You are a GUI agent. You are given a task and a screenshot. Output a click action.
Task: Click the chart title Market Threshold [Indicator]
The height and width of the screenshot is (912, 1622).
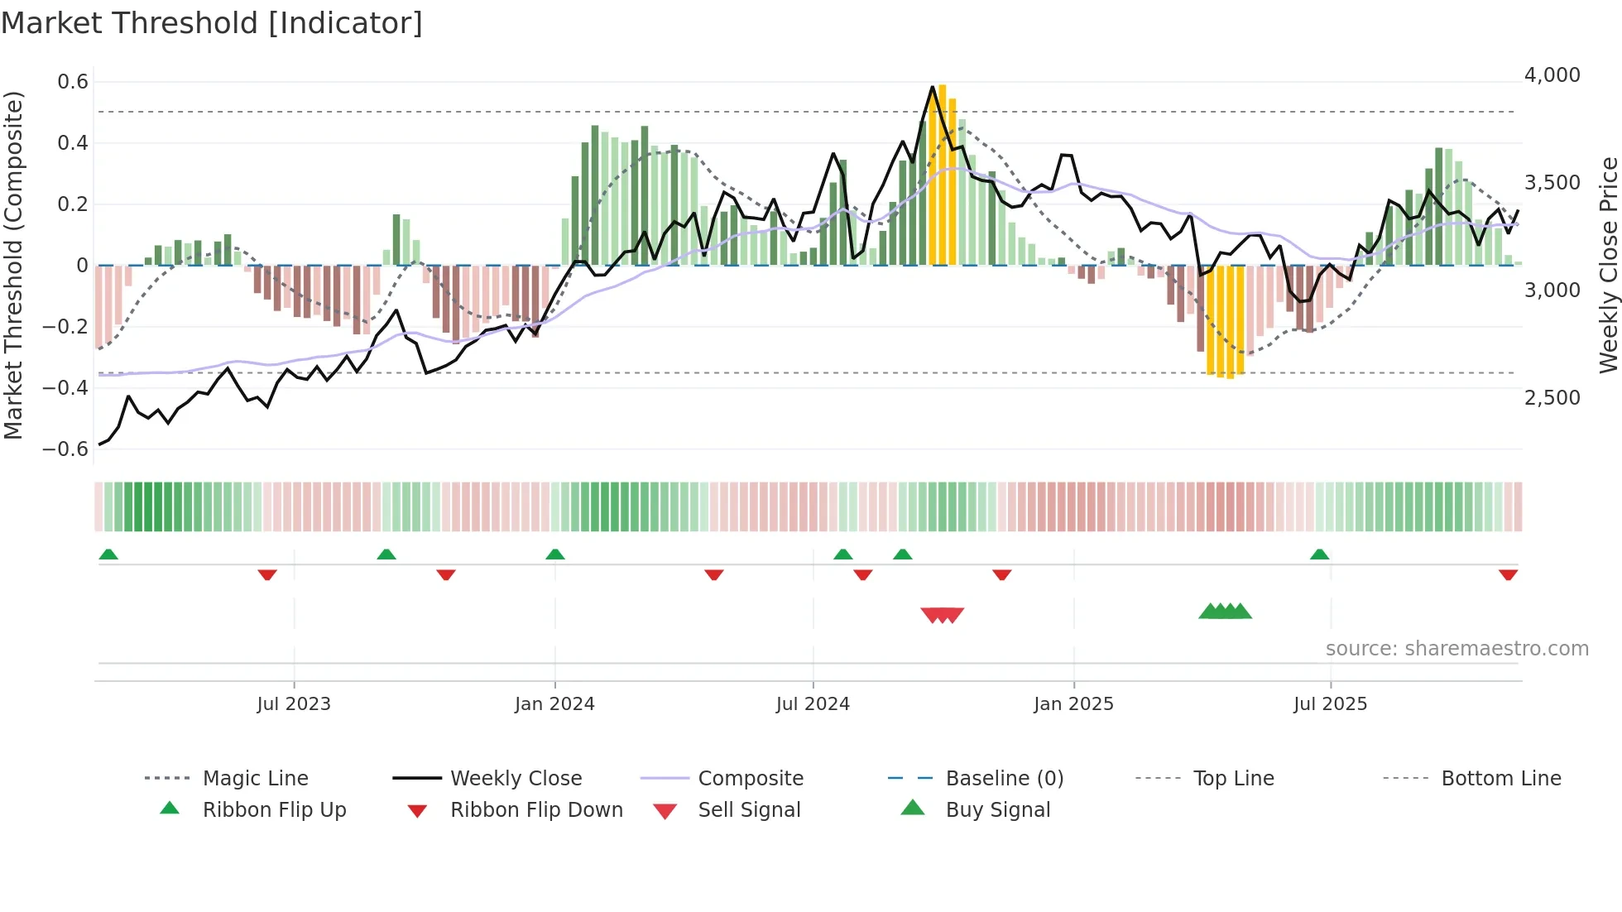coord(212,23)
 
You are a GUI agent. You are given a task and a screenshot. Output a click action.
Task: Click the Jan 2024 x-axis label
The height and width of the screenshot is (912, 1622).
coord(554,704)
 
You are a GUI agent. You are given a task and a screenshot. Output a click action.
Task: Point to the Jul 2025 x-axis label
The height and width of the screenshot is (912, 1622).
coord(1330,704)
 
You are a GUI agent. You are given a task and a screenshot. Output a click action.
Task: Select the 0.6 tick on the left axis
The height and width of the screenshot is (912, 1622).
coord(73,82)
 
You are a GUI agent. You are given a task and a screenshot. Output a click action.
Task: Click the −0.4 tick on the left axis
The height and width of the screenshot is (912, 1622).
coord(65,388)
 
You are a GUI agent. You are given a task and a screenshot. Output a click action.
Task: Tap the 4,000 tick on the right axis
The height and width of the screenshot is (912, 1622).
coord(1552,75)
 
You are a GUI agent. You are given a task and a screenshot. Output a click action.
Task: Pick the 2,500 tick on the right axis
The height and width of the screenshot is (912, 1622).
coord(1552,398)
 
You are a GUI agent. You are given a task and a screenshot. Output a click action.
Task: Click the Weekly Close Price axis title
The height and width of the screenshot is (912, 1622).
coord(1608,265)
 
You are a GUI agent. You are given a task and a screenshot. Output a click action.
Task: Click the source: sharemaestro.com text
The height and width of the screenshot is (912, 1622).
coord(1456,649)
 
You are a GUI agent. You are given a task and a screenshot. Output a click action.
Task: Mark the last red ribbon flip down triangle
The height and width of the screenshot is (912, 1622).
coord(1508,574)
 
